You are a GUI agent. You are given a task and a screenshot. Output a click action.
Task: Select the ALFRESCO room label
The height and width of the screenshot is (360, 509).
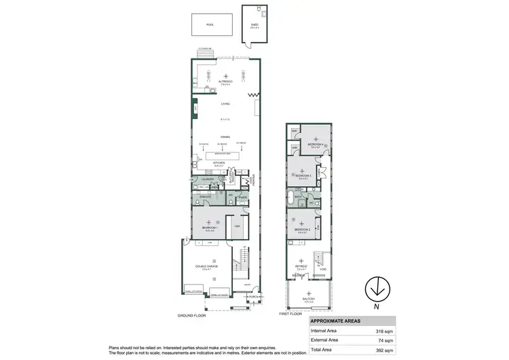coord(225,81)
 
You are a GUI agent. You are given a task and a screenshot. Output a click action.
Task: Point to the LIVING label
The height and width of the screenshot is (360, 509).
coord(225,104)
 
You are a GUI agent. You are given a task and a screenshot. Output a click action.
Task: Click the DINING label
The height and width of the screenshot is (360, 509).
coord(225,137)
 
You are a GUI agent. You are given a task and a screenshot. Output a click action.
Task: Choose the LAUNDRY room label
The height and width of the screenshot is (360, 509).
coord(207,179)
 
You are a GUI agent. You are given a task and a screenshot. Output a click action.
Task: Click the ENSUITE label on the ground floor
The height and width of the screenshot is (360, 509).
coord(205,197)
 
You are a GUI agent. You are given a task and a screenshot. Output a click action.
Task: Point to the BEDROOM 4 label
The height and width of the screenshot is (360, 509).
coord(315,144)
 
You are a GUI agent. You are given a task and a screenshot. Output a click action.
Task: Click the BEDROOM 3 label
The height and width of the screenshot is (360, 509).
coord(303,175)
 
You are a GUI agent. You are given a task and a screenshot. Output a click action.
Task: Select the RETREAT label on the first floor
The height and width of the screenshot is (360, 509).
coord(302,266)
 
